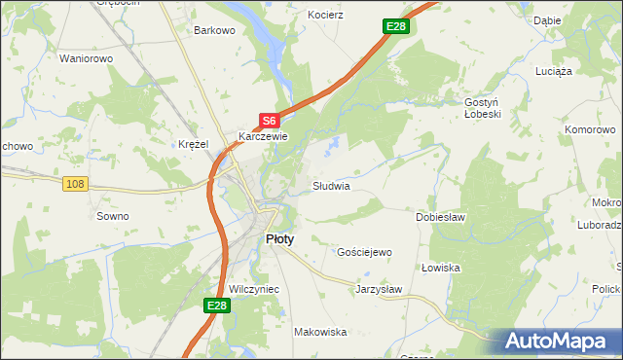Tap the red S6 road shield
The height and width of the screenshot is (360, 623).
point(270,121)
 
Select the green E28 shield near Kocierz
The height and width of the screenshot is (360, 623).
point(394,26)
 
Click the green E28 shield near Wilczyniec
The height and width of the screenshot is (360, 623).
point(216,306)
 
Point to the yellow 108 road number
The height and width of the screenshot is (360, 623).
point(75,183)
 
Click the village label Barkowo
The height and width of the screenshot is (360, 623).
point(215,30)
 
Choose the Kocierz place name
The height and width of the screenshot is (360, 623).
point(326,17)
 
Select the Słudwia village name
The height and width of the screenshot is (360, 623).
point(331,185)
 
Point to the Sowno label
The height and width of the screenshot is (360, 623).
point(112,216)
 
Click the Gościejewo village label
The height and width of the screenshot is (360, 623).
point(363,252)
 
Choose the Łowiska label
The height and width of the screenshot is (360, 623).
point(440,268)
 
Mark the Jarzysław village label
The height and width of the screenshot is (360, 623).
point(379,289)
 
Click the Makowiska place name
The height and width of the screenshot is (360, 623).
point(320,332)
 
